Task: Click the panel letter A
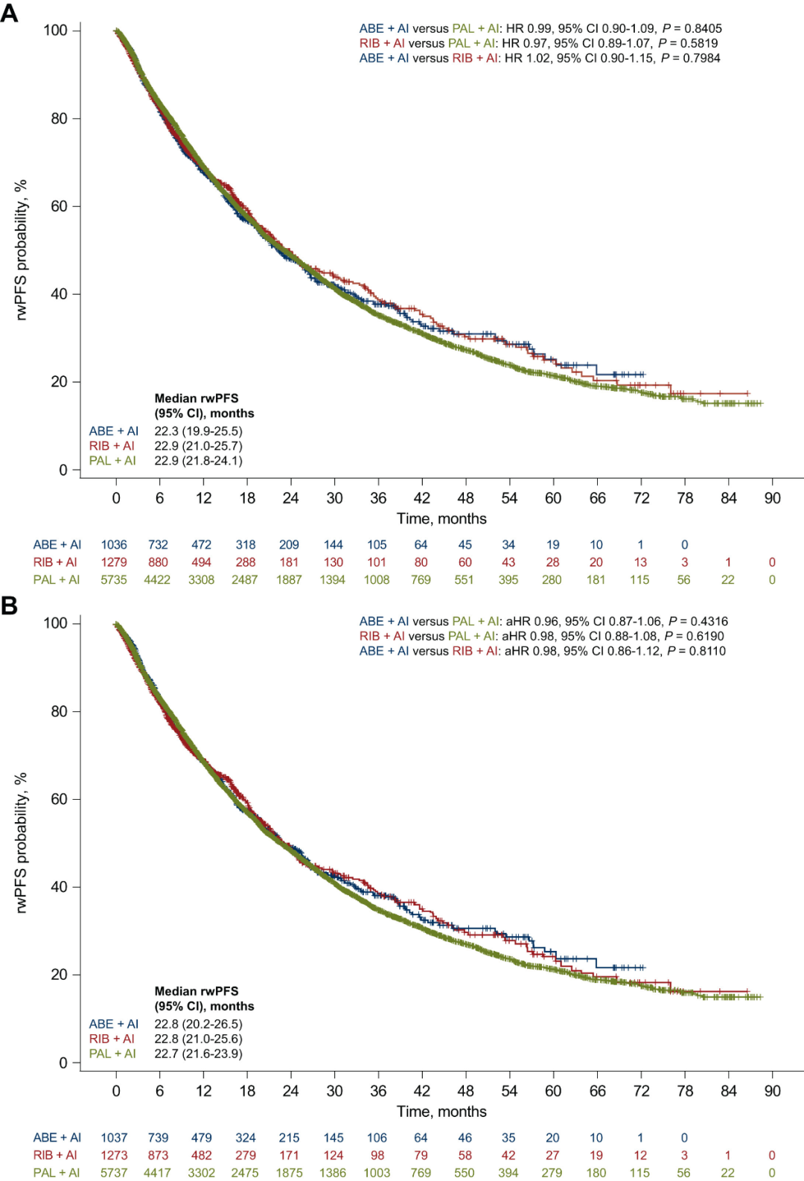(x=10, y=13)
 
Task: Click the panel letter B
(x=10, y=605)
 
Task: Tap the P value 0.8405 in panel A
(x=703, y=28)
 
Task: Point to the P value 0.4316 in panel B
(x=709, y=621)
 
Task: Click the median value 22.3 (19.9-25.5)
(x=198, y=431)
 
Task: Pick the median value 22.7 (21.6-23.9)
(x=198, y=1054)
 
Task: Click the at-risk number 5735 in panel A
(x=114, y=579)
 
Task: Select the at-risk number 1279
(x=114, y=562)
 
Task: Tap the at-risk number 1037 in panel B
(x=114, y=1138)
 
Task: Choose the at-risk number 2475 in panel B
(x=245, y=1173)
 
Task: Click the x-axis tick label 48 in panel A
(x=465, y=498)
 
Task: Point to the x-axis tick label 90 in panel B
(x=772, y=1091)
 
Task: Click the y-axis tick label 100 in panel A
(x=55, y=30)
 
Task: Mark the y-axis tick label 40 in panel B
(x=59, y=887)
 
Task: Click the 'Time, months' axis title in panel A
(x=441, y=519)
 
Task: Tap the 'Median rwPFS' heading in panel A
(x=197, y=398)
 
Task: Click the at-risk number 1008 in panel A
(x=377, y=579)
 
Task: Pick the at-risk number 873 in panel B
(x=158, y=1155)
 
